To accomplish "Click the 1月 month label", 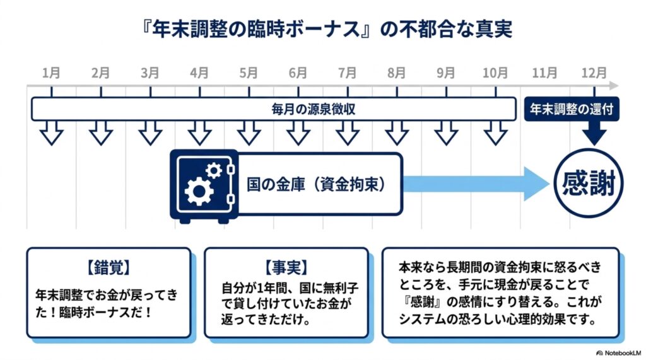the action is (51, 73).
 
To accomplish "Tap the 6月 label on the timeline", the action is (298, 73).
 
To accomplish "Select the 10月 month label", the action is (495, 73).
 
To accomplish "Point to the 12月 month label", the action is (594, 73).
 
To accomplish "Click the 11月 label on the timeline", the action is (544, 73).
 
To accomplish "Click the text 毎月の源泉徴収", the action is (313, 109).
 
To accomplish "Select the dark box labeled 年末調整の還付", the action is (572, 109).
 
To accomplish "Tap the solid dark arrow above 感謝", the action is (594, 132).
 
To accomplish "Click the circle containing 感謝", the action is (588, 183).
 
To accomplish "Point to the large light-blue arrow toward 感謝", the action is (476, 183).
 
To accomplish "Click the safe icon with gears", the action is (204, 186).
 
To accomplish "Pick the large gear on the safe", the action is (199, 191).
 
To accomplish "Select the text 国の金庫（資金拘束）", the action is (317, 184).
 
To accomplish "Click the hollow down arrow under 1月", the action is (52, 133).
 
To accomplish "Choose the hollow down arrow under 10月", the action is (495, 133).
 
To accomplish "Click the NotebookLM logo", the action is (619, 353).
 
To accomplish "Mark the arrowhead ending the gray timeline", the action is (614, 86).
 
